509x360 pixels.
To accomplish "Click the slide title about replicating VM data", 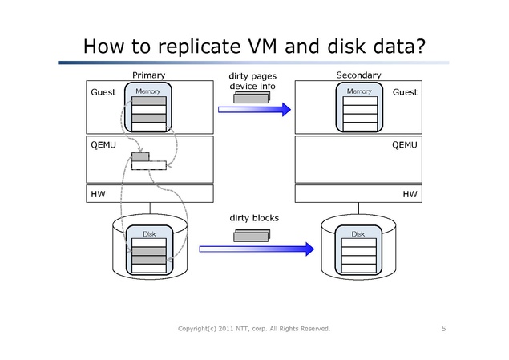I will (253, 47).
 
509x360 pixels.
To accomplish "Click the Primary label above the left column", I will (149, 75).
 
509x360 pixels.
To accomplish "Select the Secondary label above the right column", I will (358, 75).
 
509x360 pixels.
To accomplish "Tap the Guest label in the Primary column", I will (103, 93).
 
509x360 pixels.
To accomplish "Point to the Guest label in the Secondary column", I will (405, 93).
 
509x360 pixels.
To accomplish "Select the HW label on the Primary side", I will (99, 194).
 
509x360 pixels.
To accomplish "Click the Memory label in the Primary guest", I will (148, 92).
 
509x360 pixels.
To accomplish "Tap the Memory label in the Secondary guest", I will (358, 92).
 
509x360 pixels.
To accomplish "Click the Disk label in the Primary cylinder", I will (149, 234).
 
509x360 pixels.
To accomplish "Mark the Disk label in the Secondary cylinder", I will (358, 234).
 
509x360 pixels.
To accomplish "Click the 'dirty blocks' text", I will (254, 217).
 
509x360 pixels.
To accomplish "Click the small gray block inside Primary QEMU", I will (141, 156).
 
